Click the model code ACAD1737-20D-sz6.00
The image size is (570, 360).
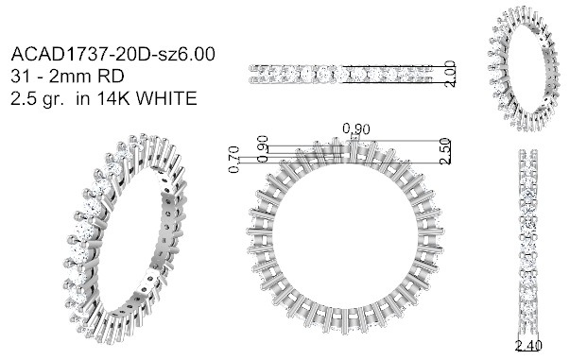113,54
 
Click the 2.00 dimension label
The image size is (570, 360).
450,74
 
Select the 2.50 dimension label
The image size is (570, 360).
445,151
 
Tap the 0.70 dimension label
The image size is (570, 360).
234,159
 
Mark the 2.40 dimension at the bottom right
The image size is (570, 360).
528,346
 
